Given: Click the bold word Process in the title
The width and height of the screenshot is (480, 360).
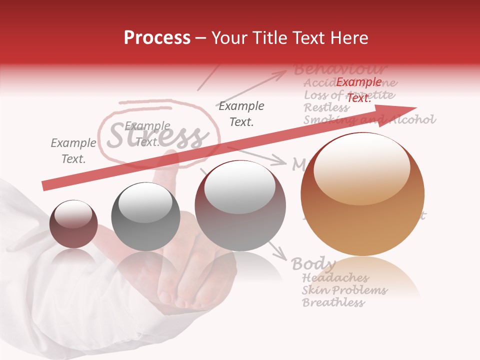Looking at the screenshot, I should coord(157,38).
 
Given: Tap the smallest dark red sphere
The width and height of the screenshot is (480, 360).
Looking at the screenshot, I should coord(73,223).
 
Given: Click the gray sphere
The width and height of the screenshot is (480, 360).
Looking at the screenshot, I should coord(145,216).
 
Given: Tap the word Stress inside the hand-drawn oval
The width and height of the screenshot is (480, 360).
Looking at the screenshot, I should coord(157,135).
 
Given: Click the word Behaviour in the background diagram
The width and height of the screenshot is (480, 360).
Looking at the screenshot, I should coord(340,69).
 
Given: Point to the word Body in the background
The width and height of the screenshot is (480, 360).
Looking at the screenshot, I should coord(313,263).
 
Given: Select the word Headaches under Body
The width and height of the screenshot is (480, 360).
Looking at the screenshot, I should coord(335,277).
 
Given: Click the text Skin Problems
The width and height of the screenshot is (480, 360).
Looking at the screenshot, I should coord(344,290).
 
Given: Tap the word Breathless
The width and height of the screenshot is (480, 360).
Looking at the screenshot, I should coord(333,302).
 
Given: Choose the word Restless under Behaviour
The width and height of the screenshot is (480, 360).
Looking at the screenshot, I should coord(326,107).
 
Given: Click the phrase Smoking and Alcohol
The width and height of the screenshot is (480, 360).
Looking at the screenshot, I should coord(369,119).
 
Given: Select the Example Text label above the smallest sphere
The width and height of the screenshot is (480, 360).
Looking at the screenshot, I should coord(73,151).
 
